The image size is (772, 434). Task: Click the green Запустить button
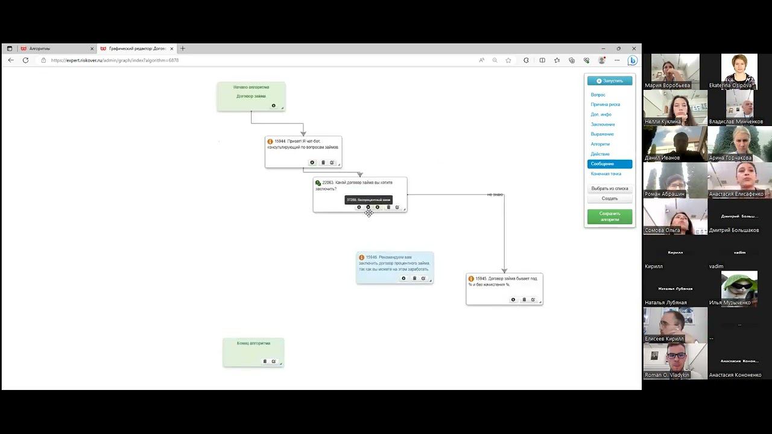pyautogui.click(x=610, y=81)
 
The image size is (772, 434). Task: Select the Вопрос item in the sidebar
pyautogui.click(x=598, y=95)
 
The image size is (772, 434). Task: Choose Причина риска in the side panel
pyautogui.click(x=605, y=104)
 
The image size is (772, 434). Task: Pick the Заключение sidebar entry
pyautogui.click(x=603, y=124)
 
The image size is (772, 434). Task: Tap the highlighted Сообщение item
pyautogui.click(x=609, y=164)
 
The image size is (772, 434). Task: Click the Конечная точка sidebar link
pyautogui.click(x=606, y=174)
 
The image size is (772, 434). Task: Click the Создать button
pyautogui.click(x=609, y=198)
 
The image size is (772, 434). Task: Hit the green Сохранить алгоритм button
pyautogui.click(x=609, y=216)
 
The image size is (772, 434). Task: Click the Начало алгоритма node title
pyautogui.click(x=251, y=87)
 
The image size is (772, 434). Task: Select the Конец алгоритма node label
pyautogui.click(x=253, y=343)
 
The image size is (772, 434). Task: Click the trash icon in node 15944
pyautogui.click(x=323, y=163)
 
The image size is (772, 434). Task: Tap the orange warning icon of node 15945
pyautogui.click(x=471, y=278)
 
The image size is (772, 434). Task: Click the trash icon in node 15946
pyautogui.click(x=414, y=278)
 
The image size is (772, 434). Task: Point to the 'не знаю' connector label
pyautogui.click(x=495, y=195)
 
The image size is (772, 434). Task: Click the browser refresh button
pyautogui.click(x=25, y=60)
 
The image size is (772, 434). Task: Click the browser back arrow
pyautogui.click(x=11, y=60)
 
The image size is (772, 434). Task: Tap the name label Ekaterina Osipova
pyautogui.click(x=730, y=86)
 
